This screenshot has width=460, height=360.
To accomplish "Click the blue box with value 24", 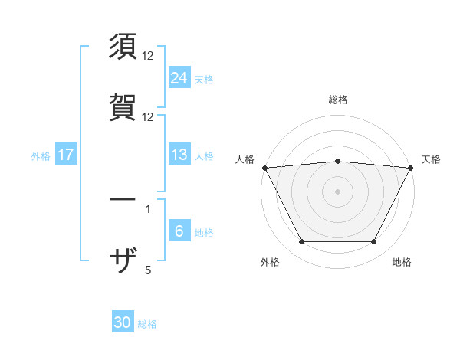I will click(x=179, y=78).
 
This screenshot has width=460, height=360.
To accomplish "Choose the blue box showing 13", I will click(x=179, y=155).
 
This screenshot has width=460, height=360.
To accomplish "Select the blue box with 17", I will click(x=66, y=155).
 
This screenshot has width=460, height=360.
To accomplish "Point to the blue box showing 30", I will click(x=123, y=323).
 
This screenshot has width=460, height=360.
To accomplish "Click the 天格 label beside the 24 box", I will click(x=204, y=79).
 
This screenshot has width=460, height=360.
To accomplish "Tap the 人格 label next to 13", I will click(x=204, y=156).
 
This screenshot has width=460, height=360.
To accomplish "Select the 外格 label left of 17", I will click(x=41, y=156).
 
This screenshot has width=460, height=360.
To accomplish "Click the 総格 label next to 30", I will click(x=147, y=324).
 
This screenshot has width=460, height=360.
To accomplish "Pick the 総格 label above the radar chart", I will click(x=338, y=100).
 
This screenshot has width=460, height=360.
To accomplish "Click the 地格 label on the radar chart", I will click(x=402, y=263).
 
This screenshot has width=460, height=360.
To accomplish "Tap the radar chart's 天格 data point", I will click(x=412, y=168).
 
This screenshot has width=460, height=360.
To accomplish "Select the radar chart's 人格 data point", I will click(x=264, y=168).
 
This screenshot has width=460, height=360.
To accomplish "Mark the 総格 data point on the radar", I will click(x=338, y=161).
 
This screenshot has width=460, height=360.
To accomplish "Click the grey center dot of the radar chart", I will click(x=338, y=191).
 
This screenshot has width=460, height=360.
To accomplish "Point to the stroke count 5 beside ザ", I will click(x=148, y=270).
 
